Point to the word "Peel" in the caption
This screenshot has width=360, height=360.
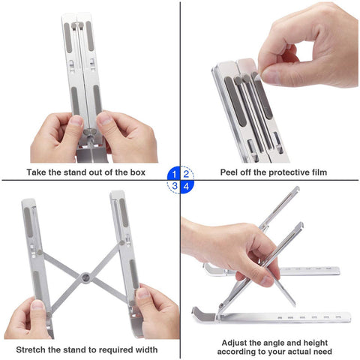pyautogui.click(x=232, y=172)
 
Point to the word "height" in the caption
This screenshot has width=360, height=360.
pyautogui.click(x=317, y=340)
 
